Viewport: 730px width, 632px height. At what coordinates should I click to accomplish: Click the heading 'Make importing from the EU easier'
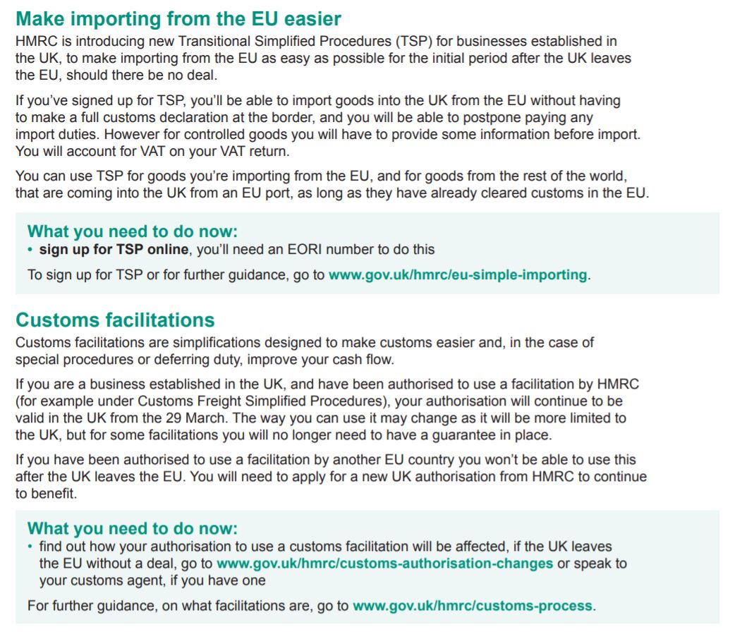(178, 18)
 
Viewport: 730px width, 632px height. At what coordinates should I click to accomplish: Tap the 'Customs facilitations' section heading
(115, 320)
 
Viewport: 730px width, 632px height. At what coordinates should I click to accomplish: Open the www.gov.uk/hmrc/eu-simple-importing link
(458, 274)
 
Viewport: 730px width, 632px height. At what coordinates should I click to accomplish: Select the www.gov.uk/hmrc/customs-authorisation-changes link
(384, 564)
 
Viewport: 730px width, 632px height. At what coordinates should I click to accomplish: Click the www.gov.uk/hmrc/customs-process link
(473, 605)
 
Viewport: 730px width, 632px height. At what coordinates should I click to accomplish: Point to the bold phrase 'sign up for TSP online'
(114, 249)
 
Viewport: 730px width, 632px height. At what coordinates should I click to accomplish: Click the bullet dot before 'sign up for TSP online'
(30, 249)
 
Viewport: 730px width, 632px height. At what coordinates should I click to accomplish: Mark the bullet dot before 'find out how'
(30, 547)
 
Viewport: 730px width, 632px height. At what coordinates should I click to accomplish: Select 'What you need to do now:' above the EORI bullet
(133, 231)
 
